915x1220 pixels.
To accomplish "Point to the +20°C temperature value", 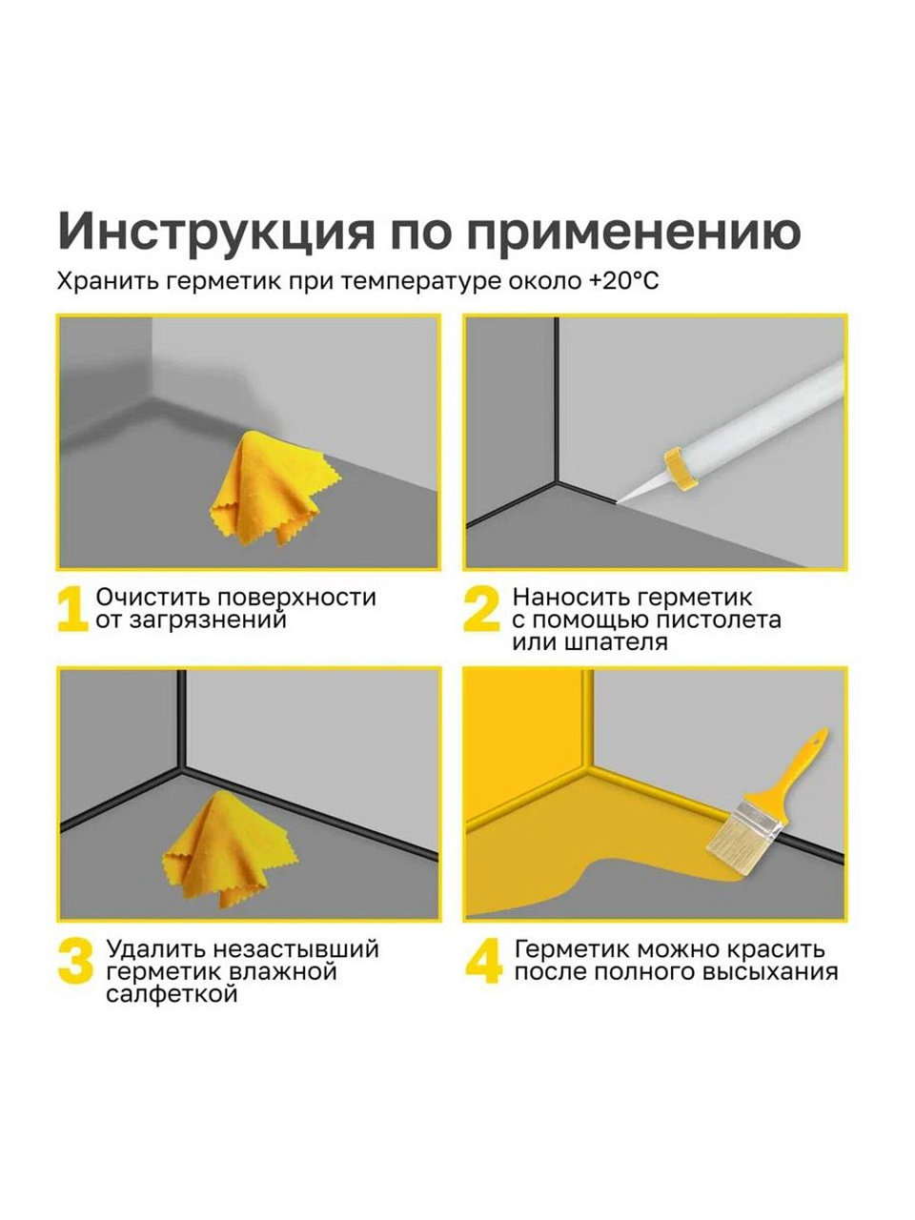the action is click(x=624, y=281).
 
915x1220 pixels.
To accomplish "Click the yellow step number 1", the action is click(x=72, y=609).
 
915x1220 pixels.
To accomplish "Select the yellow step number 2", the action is click(x=482, y=609).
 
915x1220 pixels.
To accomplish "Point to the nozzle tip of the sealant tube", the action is click(x=618, y=502).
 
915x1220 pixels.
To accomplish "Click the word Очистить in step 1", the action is click(x=152, y=598).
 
